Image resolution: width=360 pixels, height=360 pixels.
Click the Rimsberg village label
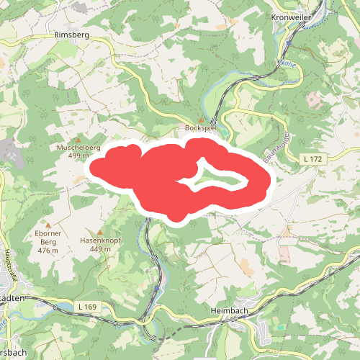click(x=70, y=34)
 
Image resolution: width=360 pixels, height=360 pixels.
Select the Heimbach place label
click(x=230, y=310)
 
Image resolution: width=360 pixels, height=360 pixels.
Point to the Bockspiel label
click(x=201, y=127)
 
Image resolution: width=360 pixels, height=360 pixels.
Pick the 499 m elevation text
click(x=78, y=155)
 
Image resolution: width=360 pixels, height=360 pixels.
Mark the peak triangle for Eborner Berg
click(x=48, y=224)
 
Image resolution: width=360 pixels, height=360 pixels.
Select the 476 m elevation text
click(x=48, y=251)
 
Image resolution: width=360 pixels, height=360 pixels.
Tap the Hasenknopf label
click(x=99, y=240)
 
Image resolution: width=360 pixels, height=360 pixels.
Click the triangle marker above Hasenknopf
click(x=99, y=231)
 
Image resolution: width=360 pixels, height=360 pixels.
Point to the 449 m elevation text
click(x=100, y=249)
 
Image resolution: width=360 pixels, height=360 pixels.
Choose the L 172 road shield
click(x=312, y=158)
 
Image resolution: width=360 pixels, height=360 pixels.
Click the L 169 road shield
click(x=86, y=307)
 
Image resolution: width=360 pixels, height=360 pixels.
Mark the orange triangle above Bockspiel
click(x=201, y=120)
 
